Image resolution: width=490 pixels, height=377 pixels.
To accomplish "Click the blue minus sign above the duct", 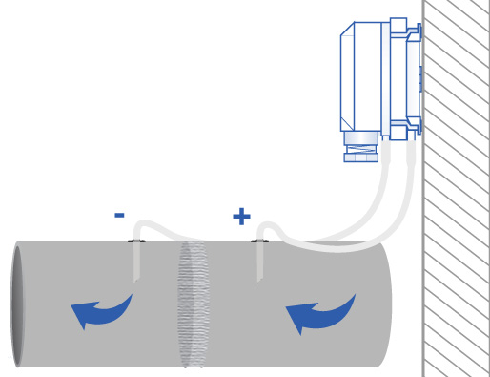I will point(119,216).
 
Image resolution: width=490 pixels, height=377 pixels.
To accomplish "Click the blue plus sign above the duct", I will point(241,217).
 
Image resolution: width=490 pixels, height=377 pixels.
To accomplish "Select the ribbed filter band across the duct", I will point(193,304).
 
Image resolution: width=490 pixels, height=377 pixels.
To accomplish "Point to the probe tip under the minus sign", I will point(136,276).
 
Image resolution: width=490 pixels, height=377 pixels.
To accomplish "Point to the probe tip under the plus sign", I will point(259,277).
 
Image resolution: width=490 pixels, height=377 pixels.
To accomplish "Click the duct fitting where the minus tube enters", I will point(136,241).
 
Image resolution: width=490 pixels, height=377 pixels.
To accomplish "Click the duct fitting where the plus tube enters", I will point(259,241).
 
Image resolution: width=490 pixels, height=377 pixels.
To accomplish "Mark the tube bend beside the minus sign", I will point(143,225).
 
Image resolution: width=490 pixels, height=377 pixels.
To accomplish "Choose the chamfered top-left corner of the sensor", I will point(347,30).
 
